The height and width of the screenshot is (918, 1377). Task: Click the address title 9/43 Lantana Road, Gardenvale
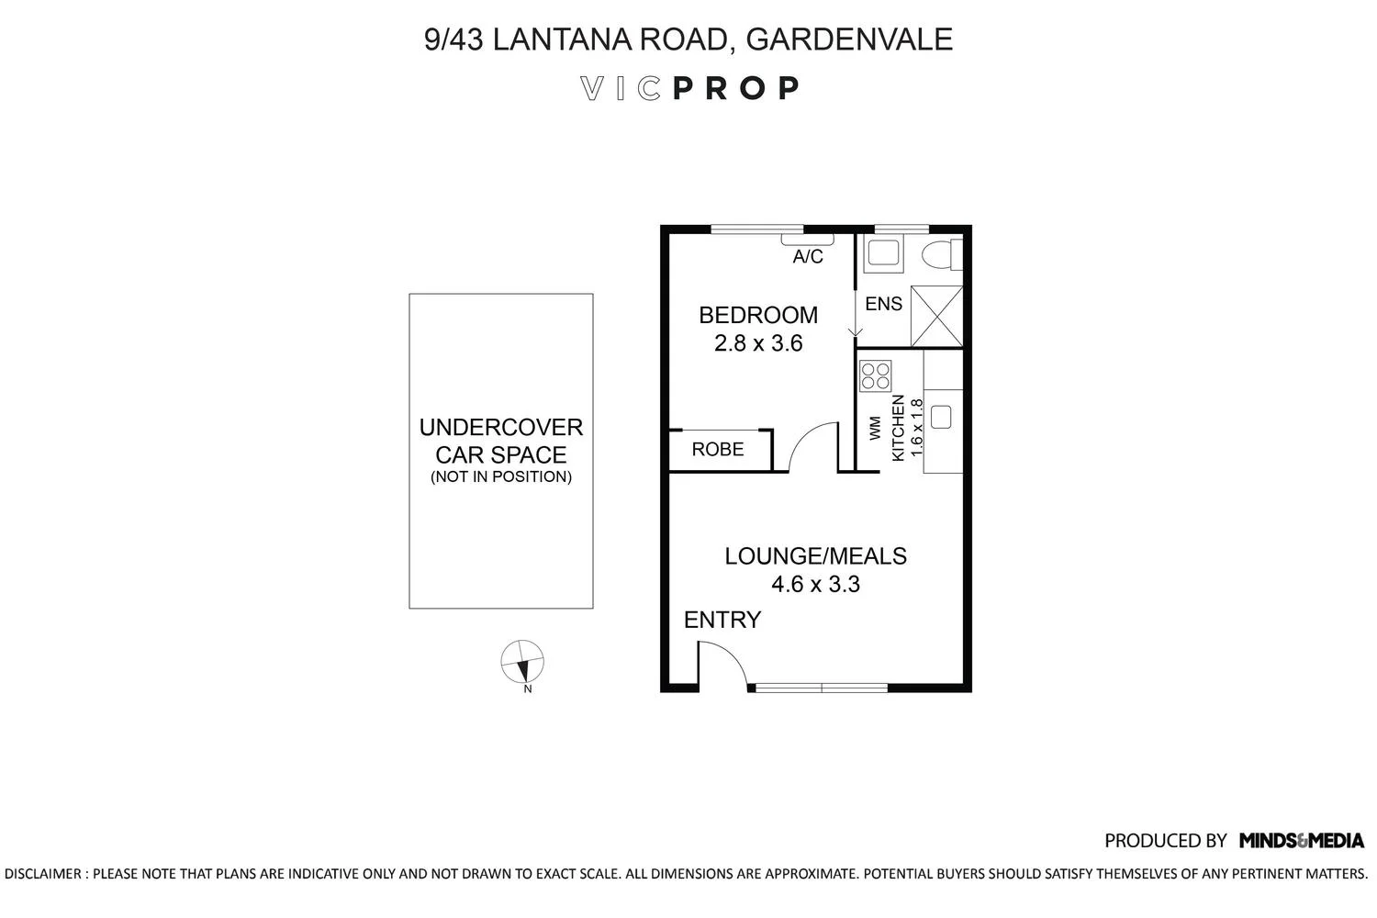coord(688,39)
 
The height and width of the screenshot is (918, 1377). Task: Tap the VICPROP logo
coord(689,88)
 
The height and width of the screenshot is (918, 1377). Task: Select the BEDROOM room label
coord(757,315)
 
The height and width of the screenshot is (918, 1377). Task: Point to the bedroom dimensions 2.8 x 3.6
coord(758,343)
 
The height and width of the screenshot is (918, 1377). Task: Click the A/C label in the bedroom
coord(808,257)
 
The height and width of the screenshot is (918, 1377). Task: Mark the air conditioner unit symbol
coord(807,240)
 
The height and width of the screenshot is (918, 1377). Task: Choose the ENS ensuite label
coord(883,304)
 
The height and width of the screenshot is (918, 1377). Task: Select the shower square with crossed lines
coord(936,317)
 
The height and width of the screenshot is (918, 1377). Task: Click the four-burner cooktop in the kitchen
coord(875,375)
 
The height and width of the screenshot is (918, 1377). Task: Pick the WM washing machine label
coord(875,428)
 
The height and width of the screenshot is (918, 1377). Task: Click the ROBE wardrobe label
coord(718,450)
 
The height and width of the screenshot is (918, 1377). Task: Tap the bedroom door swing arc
coord(812,446)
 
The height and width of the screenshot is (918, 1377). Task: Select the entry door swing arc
coord(722,663)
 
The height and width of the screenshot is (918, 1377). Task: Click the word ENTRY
coord(722,621)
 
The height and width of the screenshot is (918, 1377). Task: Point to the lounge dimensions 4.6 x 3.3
coord(815,585)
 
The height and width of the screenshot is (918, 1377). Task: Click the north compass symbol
coord(522,662)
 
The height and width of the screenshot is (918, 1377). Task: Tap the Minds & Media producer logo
coord(1301,840)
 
